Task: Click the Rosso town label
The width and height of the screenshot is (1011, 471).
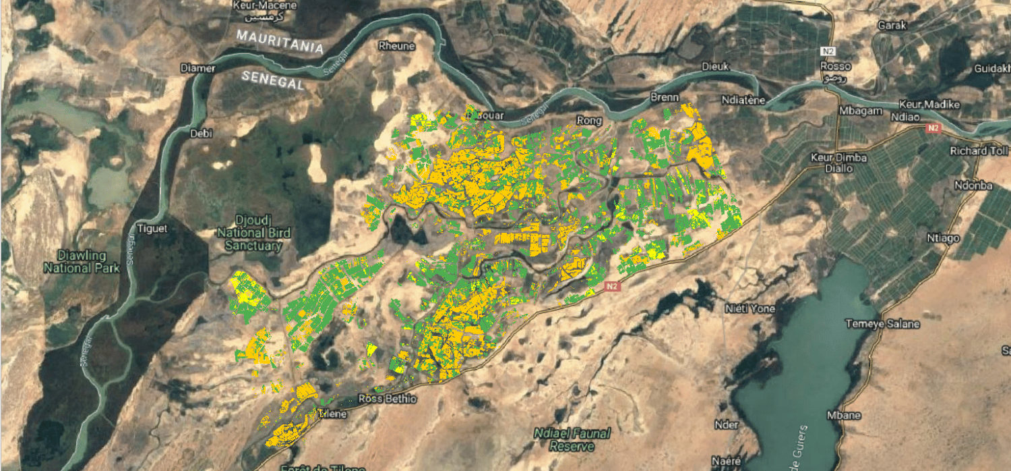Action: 835,66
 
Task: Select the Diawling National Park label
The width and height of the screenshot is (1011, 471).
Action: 82,262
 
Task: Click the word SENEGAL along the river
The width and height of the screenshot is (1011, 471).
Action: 272,80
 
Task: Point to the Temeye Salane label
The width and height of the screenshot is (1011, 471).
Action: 882,324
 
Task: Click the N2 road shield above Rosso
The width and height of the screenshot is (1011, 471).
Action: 828,51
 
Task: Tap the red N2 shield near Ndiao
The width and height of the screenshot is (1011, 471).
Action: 933,128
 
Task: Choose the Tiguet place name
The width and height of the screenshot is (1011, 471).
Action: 152,229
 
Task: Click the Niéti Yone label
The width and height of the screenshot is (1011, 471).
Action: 749,309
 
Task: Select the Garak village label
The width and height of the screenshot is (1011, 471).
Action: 888,26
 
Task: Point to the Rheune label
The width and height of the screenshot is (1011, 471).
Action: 393,47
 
